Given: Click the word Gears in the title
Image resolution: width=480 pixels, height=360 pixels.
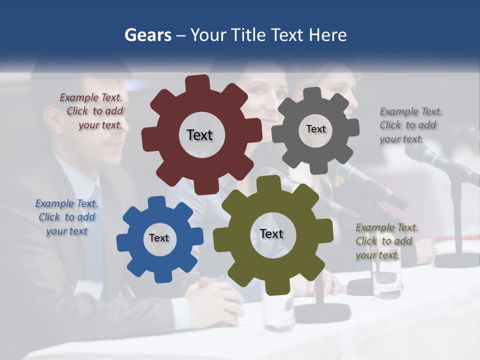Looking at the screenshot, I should (148, 35).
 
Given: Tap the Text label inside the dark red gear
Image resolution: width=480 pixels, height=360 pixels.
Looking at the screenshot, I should (199, 135).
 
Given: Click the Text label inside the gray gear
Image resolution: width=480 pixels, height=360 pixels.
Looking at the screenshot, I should (315, 129).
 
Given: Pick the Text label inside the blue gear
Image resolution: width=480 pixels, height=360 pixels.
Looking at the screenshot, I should (159, 238).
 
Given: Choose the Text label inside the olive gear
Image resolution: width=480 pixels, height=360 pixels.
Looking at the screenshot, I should (271, 234).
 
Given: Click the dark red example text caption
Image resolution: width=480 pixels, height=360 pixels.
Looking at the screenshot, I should (91, 111).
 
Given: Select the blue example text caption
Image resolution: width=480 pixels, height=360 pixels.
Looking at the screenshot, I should (66, 217).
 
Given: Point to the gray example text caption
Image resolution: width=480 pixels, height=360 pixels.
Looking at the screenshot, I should (410, 125).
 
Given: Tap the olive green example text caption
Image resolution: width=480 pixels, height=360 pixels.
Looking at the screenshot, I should (387, 241).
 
